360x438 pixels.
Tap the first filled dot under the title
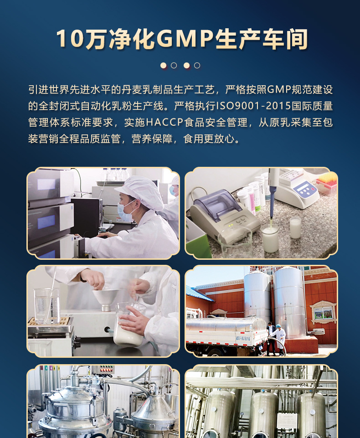click(164, 65)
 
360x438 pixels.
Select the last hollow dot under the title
click(197, 65)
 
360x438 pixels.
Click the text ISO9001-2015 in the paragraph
click(253, 106)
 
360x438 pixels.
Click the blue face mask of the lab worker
click(124, 212)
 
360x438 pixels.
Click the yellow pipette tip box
click(327, 182)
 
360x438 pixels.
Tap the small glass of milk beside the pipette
click(295, 228)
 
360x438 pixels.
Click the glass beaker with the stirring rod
click(47, 306)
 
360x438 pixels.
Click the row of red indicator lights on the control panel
click(107, 370)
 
